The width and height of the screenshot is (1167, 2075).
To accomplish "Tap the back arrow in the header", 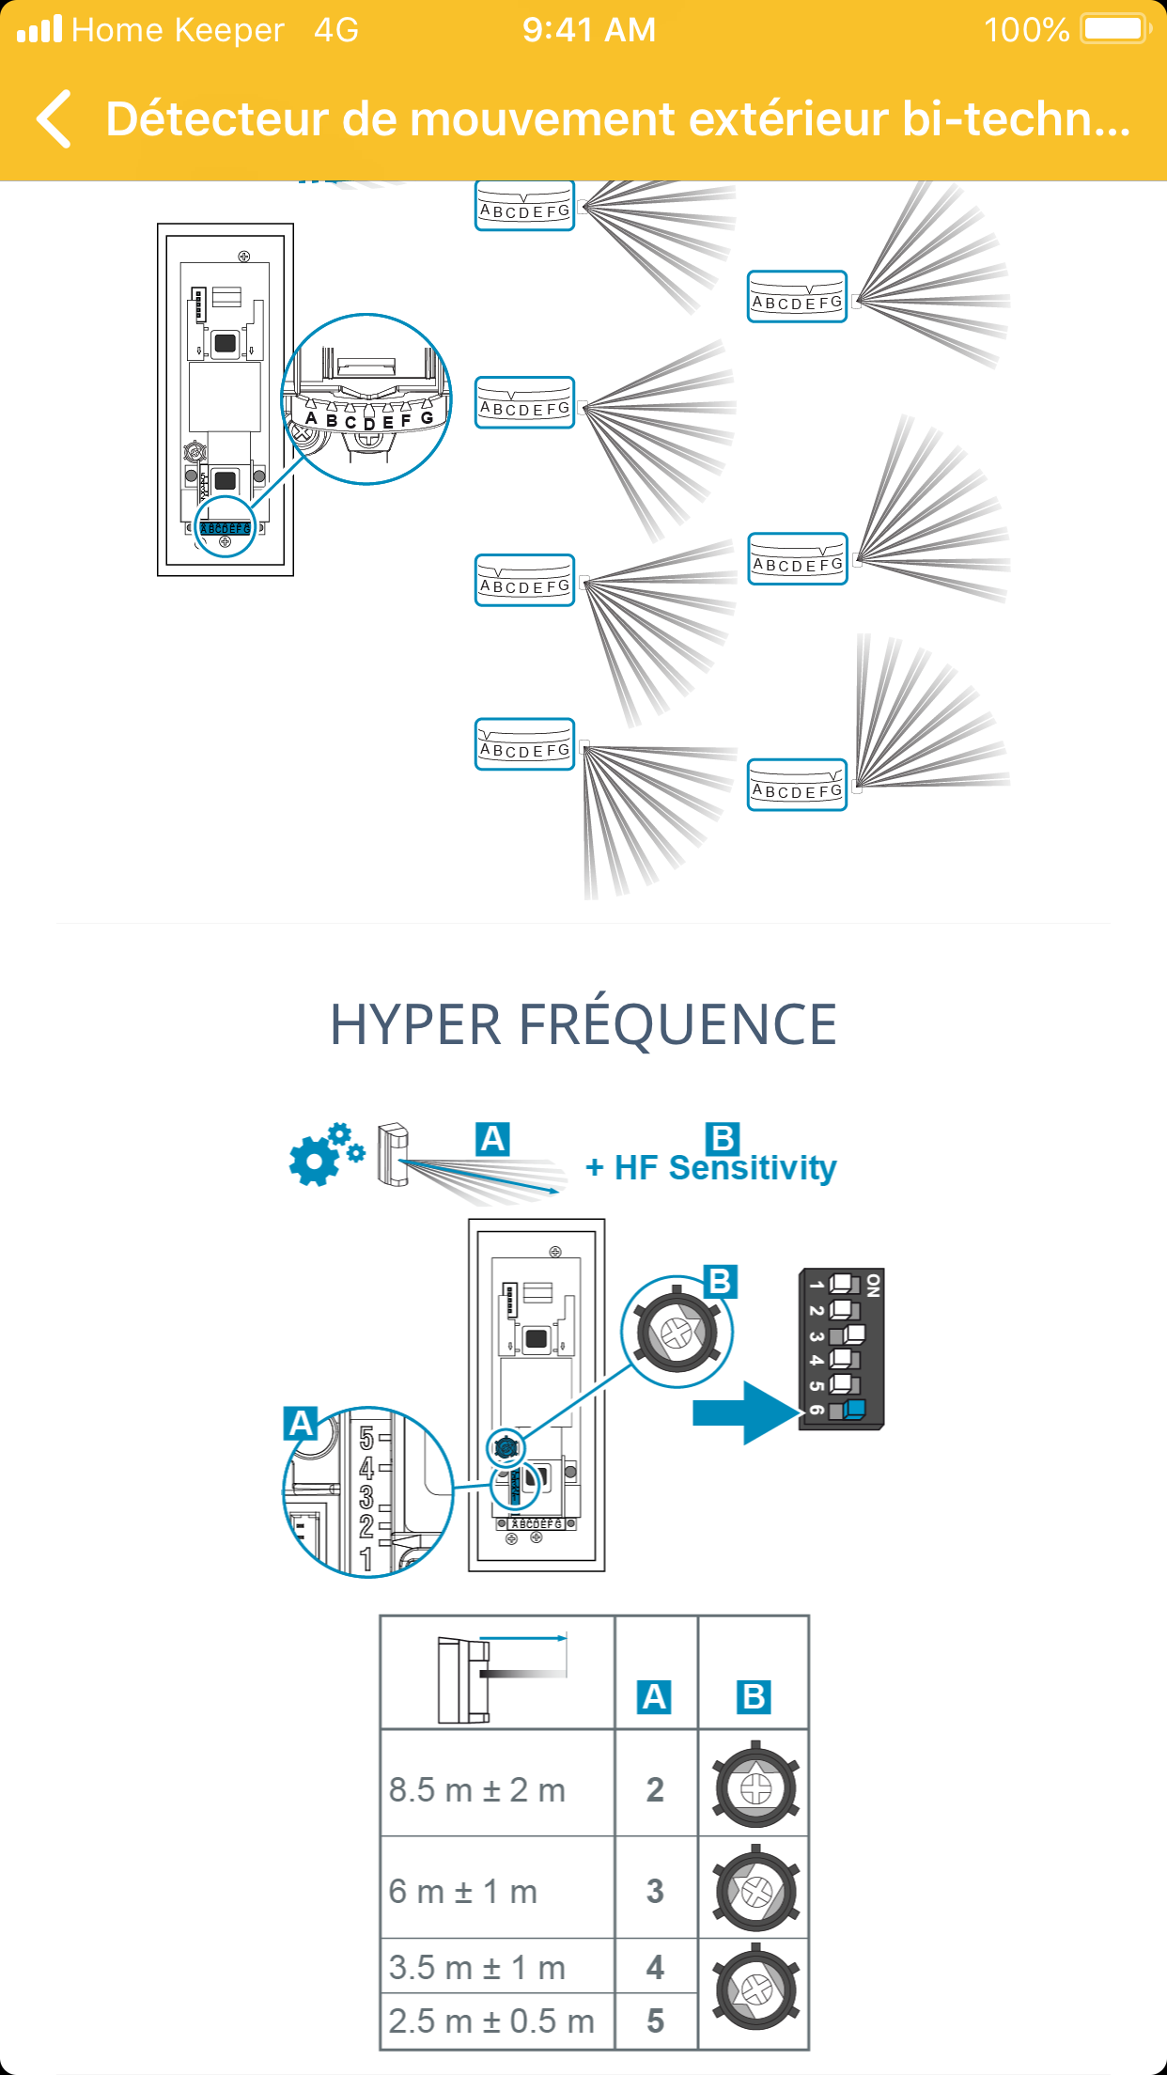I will click(x=54, y=119).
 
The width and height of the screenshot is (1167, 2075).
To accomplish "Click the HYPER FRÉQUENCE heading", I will click(x=583, y=1024).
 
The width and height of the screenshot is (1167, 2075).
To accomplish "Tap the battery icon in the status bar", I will click(x=1114, y=29).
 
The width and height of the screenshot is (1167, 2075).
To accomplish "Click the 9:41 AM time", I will click(x=589, y=30).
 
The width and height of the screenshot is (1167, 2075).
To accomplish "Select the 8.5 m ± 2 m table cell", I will click(x=477, y=1789).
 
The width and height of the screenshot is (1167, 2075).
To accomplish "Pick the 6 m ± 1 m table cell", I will click(x=463, y=1891).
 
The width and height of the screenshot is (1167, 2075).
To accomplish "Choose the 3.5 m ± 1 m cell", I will click(x=477, y=1967).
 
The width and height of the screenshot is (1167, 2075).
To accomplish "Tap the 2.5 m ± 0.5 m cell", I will click(x=491, y=2020).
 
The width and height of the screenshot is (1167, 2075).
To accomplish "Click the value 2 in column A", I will click(x=655, y=1789).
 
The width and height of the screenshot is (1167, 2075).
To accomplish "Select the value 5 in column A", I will click(x=655, y=2020).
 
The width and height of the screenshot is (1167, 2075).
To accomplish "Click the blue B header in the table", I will click(x=754, y=1697).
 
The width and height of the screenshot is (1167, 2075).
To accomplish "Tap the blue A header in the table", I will click(x=654, y=1697).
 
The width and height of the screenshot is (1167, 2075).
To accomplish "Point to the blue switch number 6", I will click(x=853, y=1409).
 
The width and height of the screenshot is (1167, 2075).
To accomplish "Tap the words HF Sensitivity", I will click(x=724, y=1168).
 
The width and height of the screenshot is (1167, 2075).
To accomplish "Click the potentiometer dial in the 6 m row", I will click(x=755, y=1890).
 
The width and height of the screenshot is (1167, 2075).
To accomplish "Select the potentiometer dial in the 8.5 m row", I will click(x=755, y=1787).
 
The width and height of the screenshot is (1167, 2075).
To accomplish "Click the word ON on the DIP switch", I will click(x=873, y=1286).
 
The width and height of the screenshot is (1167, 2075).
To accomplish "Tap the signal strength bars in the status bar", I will click(x=39, y=29).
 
